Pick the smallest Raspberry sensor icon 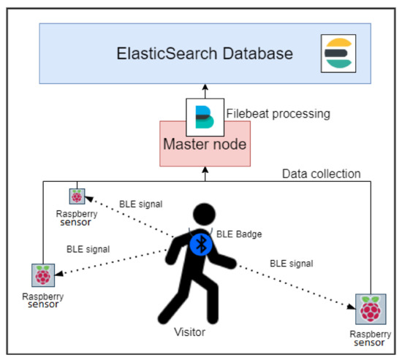click(x=76, y=196)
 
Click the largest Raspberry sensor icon click(x=370, y=309)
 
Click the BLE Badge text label click(x=239, y=235)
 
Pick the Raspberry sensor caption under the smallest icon click(x=76, y=218)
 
